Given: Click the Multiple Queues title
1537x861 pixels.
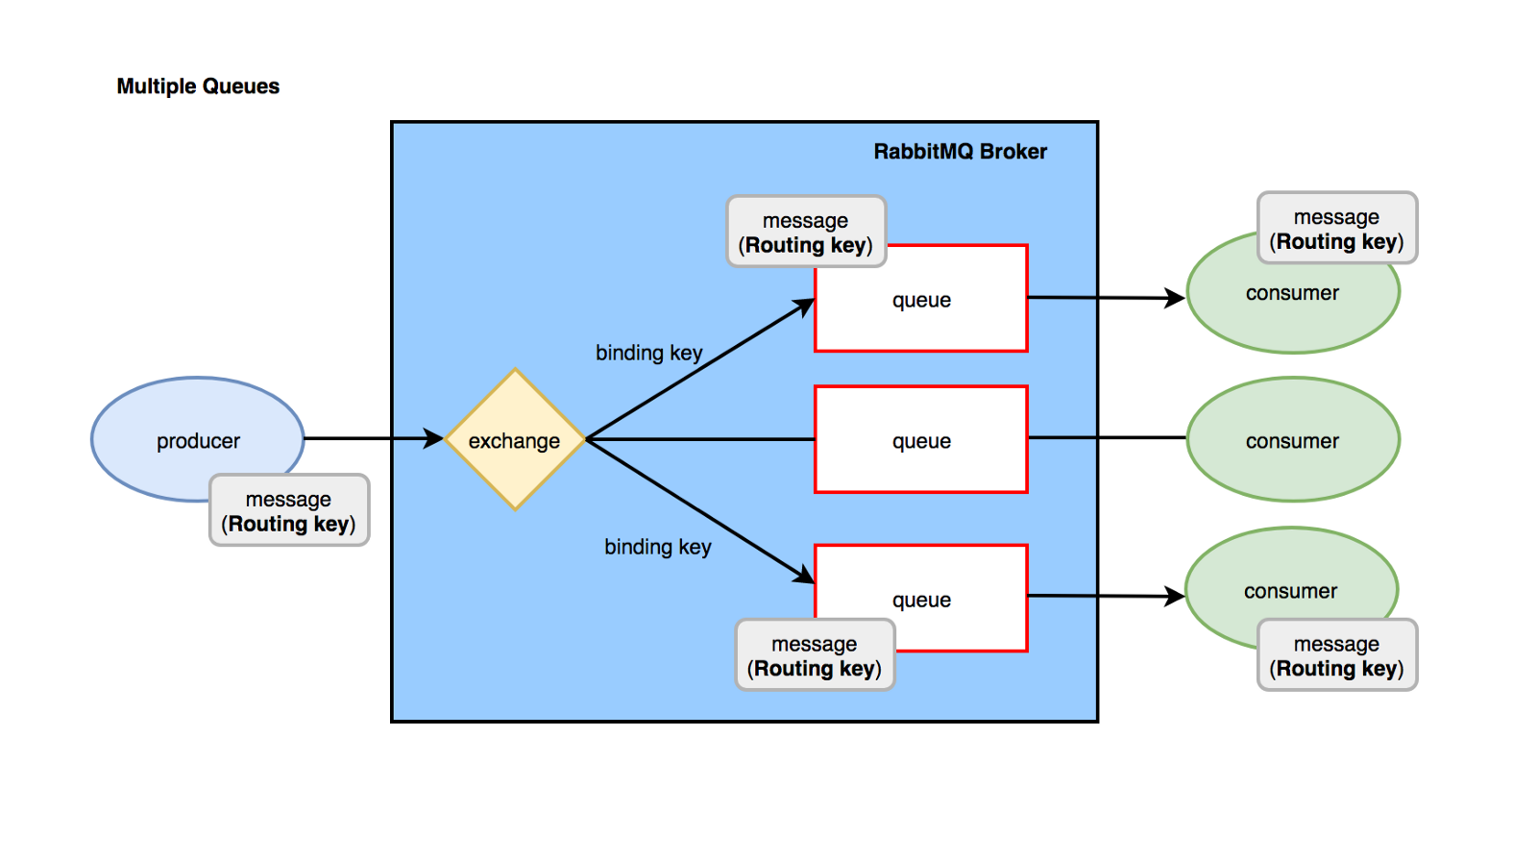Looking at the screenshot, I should pos(198,86).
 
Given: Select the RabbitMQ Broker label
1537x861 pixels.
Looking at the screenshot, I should pos(960,152).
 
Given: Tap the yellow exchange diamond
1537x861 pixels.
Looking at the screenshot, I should pos(515,440).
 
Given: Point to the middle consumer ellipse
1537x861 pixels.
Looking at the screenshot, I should pos(1293,440).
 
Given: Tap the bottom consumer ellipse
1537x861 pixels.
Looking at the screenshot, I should pos(1268,577).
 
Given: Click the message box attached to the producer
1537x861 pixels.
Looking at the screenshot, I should pos(289,511).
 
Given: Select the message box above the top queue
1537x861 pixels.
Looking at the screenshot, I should pos(806,233).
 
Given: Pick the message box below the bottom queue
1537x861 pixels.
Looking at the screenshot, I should pos(815,655).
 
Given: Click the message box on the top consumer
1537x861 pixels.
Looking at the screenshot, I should pos(1337,229).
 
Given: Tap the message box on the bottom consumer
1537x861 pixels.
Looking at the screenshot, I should pos(1337,655).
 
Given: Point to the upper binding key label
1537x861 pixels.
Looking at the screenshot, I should pos(649,353).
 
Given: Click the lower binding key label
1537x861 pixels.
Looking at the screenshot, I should pos(658,547).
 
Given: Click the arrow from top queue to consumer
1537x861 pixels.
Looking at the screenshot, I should pos(1105,298).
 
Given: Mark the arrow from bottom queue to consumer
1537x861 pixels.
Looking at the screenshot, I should pos(1105,597).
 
